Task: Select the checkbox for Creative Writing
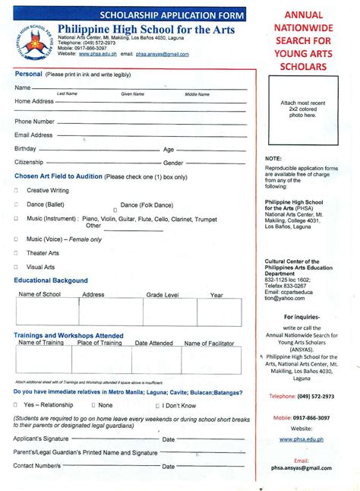pos(16,190)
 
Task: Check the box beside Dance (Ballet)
pos(16,204)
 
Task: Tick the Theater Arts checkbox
pos(16,253)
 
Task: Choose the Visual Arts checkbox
pos(16,268)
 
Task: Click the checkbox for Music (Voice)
pos(16,239)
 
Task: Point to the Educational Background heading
pos(51,280)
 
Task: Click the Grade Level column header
pos(163,294)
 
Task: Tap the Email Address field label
pos(33,135)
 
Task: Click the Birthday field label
pos(26,149)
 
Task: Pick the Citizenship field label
pos(30,163)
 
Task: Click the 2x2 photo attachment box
pos(298,108)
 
